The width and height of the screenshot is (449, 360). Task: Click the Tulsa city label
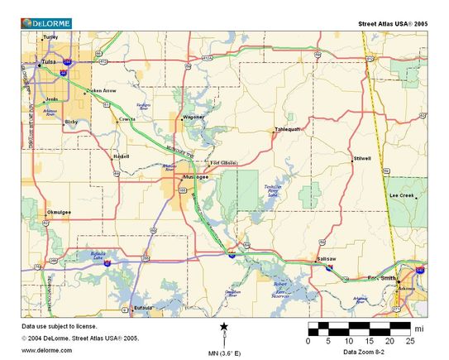(49, 61)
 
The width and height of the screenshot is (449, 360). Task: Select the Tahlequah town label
(287, 130)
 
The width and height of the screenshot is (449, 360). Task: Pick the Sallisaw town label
(326, 259)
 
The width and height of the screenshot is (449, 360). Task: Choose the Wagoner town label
(193, 118)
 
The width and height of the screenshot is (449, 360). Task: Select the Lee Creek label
(402, 195)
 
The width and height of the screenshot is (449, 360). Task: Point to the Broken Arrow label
(100, 90)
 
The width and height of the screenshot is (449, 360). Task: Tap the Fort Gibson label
(223, 163)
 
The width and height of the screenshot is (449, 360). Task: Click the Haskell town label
(121, 156)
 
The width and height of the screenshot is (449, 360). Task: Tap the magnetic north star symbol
(224, 329)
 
